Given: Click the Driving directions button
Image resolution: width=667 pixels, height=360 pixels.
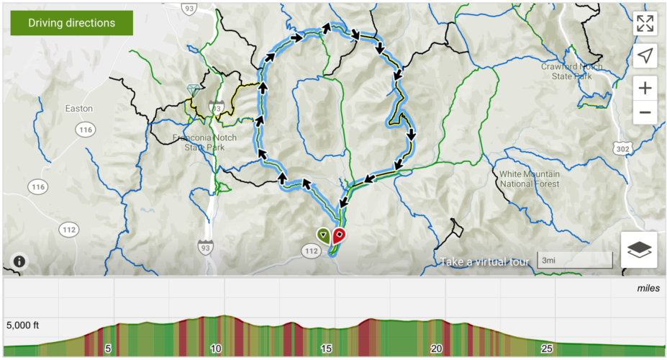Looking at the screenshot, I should (x=71, y=23).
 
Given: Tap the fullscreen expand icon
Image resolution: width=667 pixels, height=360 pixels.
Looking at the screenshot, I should (x=645, y=23).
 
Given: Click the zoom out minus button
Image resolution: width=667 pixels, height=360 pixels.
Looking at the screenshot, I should (x=645, y=112).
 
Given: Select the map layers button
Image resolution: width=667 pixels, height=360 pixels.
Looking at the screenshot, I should (x=639, y=250).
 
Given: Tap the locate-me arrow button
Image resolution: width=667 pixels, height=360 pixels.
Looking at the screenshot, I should (x=645, y=55).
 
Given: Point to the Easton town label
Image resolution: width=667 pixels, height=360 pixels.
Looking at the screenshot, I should (x=78, y=109).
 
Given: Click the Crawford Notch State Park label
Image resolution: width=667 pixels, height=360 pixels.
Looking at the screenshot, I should (x=572, y=71).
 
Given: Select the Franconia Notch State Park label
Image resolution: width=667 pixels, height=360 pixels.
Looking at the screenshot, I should (x=199, y=143).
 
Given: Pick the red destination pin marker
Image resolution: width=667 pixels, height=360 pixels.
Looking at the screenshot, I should (x=339, y=235).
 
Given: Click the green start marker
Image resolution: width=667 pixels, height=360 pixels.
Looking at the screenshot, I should (x=324, y=235).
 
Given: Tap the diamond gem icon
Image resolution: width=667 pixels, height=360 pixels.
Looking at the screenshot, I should (x=194, y=89).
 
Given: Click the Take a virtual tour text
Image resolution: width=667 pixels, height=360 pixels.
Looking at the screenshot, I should (x=486, y=261).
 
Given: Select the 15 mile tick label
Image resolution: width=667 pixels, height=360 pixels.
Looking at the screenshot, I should (x=326, y=348).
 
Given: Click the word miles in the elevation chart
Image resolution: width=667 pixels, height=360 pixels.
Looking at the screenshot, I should (x=648, y=288).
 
